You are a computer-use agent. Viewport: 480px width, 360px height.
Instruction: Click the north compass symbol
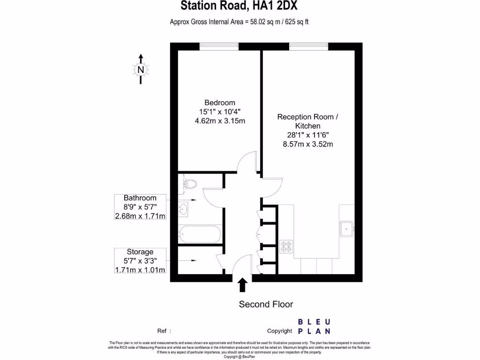pos(141,69)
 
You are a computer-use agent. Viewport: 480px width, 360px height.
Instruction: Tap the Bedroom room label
pos(219,103)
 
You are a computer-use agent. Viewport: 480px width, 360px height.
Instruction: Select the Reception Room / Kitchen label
pos(307,121)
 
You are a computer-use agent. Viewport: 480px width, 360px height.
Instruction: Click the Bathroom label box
pos(140,207)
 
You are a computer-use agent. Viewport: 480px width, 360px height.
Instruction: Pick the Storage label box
pos(140,261)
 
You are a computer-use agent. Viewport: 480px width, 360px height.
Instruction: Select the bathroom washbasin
pos(183,208)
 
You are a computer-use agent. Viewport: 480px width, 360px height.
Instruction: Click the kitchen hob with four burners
pos(286,247)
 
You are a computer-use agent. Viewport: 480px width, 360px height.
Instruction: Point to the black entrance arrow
pos(243,285)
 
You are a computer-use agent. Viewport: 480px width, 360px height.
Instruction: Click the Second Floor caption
pos(266,304)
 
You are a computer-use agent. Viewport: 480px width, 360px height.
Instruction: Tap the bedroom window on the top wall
pos(219,45)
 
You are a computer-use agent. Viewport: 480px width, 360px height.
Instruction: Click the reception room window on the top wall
pos(308,45)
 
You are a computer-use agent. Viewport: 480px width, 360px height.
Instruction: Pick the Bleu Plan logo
pos(314,326)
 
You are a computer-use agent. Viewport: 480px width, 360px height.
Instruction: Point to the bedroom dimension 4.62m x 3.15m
pos(220,120)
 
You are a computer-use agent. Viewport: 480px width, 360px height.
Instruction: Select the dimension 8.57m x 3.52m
pos(307,144)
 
